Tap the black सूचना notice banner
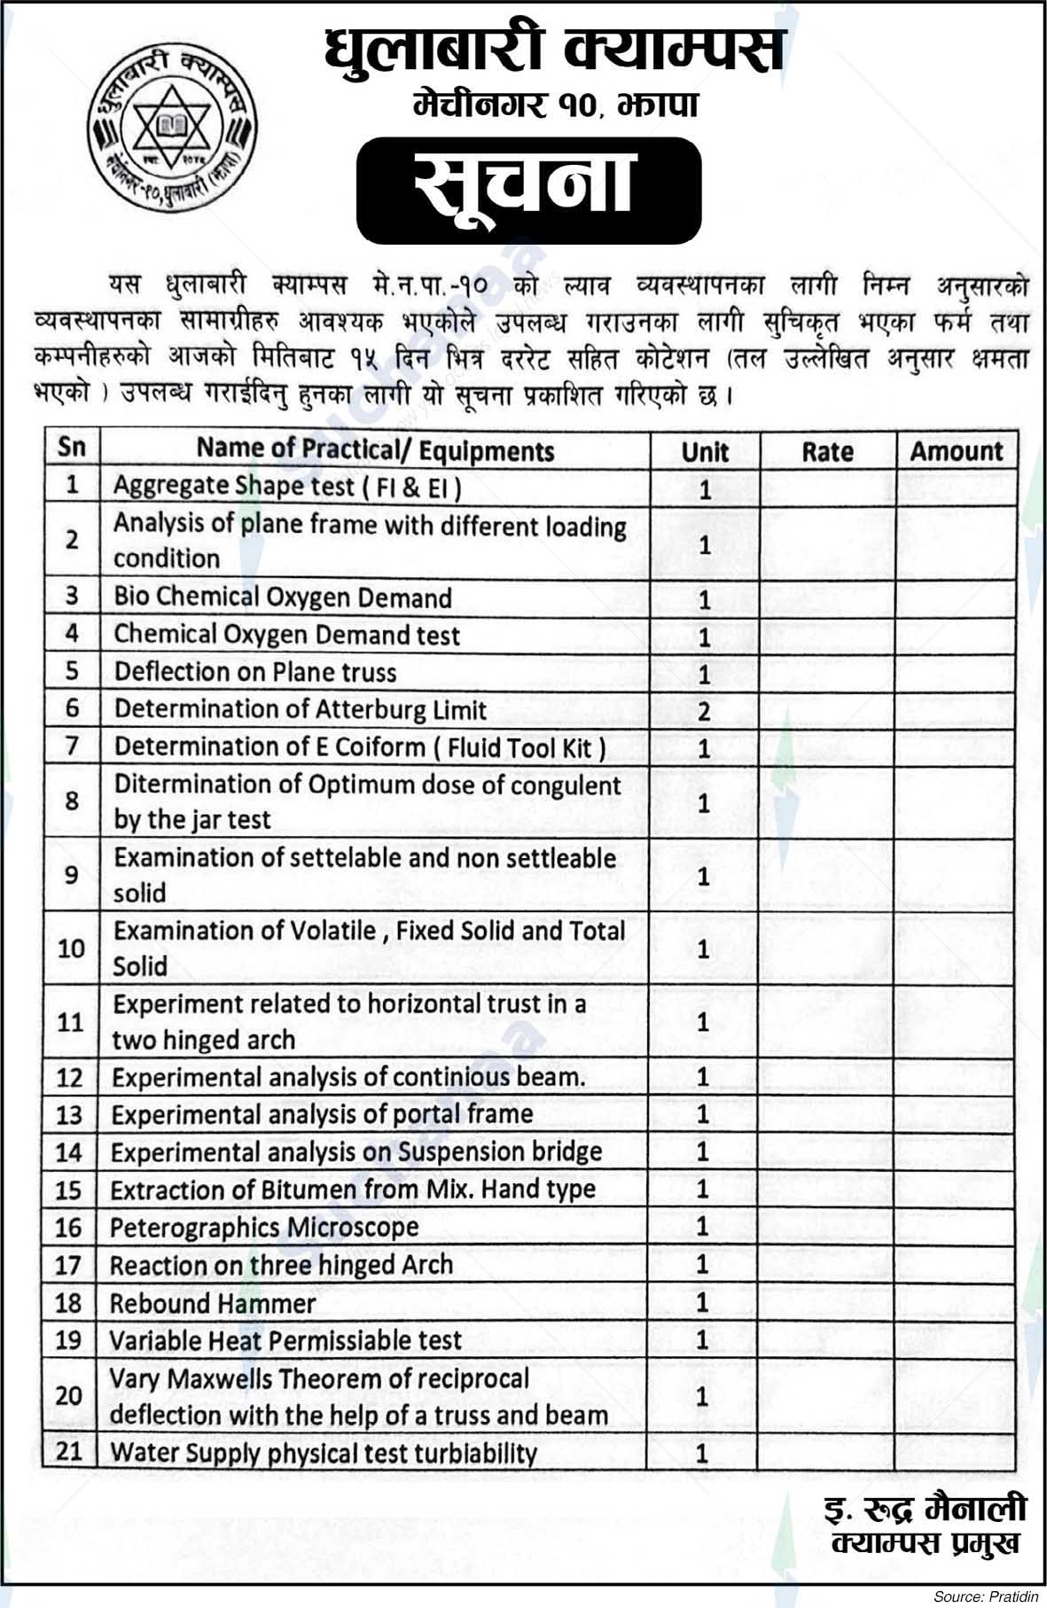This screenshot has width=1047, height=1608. click(528, 191)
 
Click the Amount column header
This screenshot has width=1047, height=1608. click(957, 451)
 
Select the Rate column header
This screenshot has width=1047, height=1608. click(827, 452)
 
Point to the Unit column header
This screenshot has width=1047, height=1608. click(705, 452)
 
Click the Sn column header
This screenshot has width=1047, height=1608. click(72, 447)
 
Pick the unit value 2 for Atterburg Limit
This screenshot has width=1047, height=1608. click(704, 712)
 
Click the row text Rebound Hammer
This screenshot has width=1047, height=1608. click(212, 1303)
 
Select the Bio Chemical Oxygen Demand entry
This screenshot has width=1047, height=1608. click(283, 597)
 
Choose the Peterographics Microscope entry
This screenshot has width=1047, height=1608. click(264, 1228)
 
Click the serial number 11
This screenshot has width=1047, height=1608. click(70, 1022)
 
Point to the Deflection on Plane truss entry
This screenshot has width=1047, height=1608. click(255, 672)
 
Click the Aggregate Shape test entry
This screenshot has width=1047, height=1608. click(287, 487)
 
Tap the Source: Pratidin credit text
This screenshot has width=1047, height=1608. click(985, 1596)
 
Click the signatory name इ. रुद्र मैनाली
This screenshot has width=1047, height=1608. click(925, 1509)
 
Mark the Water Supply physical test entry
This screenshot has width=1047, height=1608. click(324, 1453)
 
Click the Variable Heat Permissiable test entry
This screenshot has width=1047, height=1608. click(285, 1340)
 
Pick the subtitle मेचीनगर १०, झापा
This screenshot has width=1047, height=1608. click(556, 105)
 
